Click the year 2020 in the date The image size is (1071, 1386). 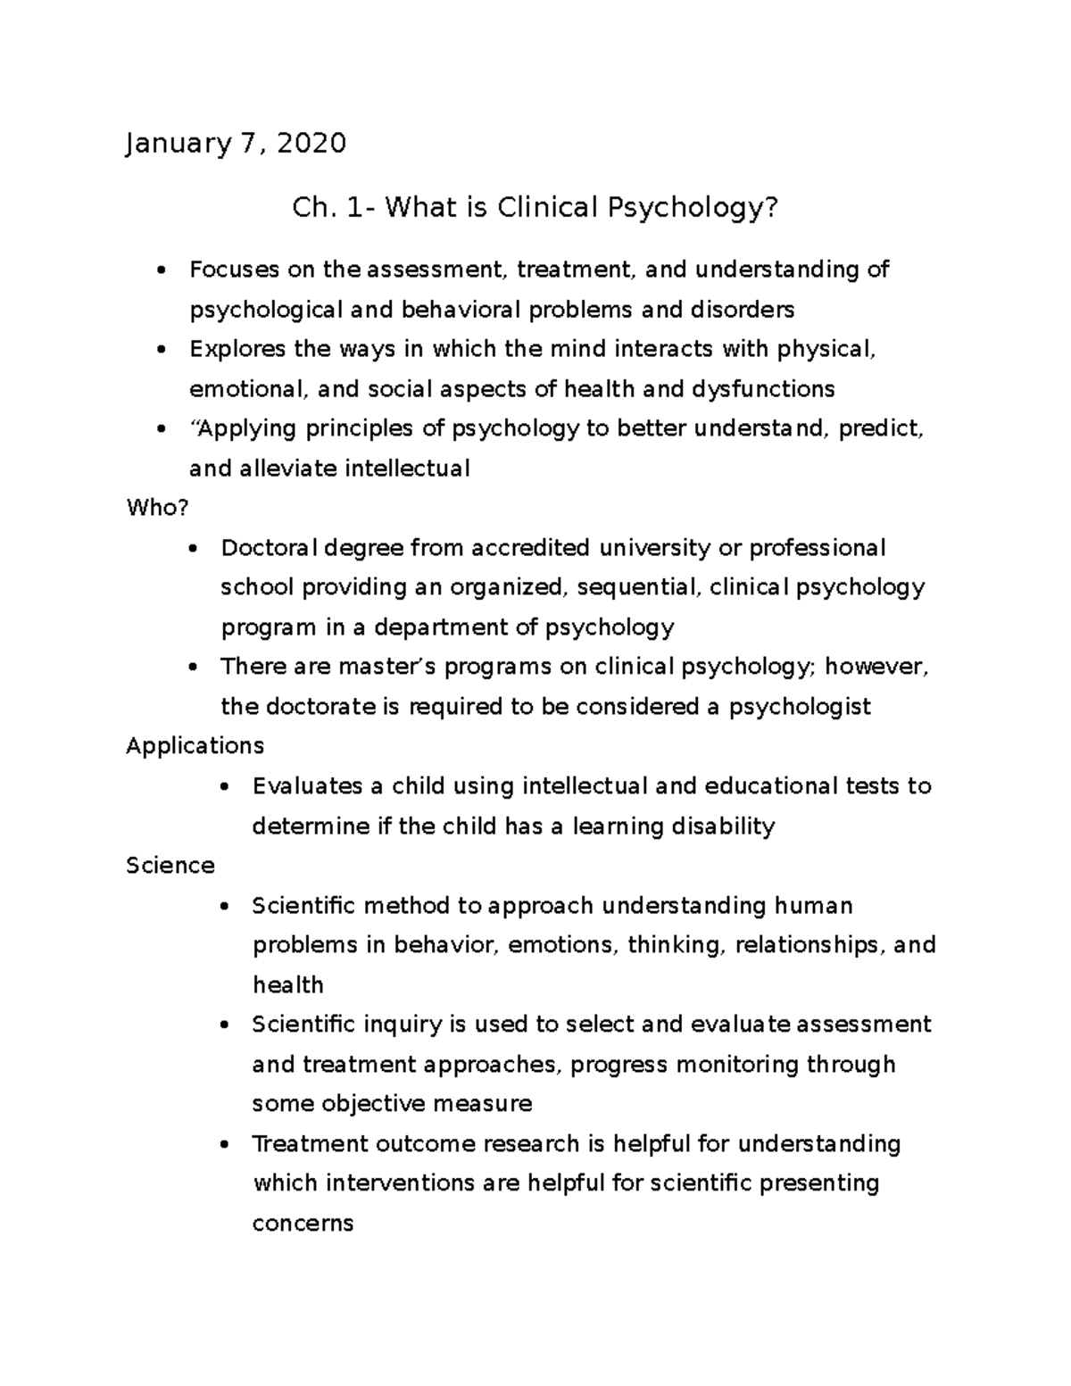click(311, 143)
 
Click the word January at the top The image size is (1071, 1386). click(178, 144)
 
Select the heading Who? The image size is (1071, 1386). click(158, 508)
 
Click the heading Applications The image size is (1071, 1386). click(195, 745)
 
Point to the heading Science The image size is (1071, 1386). click(170, 865)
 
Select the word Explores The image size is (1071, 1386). click(238, 348)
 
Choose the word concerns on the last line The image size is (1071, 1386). click(303, 1223)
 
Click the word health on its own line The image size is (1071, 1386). click(287, 985)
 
